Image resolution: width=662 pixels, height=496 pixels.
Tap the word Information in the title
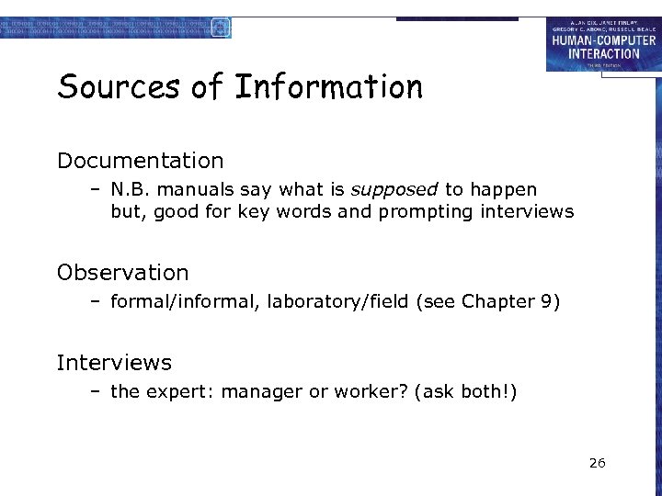coord(328,87)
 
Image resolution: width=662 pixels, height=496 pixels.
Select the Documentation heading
coord(140,161)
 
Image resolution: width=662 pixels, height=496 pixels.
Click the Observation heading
coord(122,273)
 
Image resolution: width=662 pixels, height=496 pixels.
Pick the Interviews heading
coord(114,363)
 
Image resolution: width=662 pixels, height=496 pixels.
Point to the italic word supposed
coord(394,189)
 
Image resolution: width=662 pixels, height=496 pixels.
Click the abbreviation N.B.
coord(129,189)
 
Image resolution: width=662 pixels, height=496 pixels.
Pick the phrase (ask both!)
coord(466,392)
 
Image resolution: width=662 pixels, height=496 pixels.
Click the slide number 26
coord(597,463)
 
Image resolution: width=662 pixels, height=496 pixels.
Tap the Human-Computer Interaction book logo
coord(602,43)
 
